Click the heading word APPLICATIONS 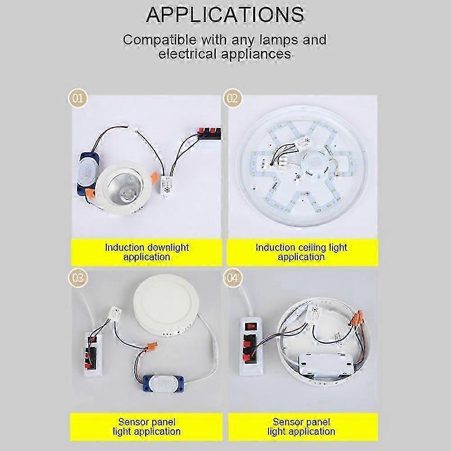pyautogui.click(x=225, y=14)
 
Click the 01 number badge pyautogui.click(x=78, y=98)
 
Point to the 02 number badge pyautogui.click(x=232, y=98)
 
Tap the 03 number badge pyautogui.click(x=78, y=278)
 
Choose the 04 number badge pyautogui.click(x=232, y=278)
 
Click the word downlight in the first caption pyautogui.click(x=167, y=247)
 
